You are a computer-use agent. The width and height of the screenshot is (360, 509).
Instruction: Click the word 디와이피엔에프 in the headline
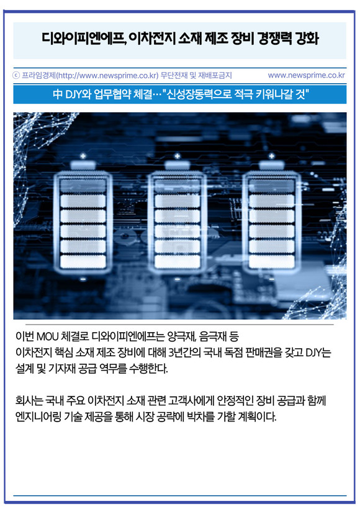pyautogui.click(x=83, y=38)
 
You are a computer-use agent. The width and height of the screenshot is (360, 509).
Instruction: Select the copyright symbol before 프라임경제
pyautogui.click(x=16, y=75)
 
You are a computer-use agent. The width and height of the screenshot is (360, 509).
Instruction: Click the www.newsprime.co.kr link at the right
pyautogui.click(x=307, y=75)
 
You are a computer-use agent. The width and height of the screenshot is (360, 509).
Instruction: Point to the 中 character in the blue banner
pyautogui.click(x=58, y=94)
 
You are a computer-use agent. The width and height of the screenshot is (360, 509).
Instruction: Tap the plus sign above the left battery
pyautogui.click(x=83, y=156)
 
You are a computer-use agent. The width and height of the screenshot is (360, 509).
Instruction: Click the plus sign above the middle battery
pyautogui.click(x=178, y=156)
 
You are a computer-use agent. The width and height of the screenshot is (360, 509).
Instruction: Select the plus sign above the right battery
pyautogui.click(x=272, y=156)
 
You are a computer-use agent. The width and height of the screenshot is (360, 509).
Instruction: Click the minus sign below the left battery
pyautogui.click(x=83, y=279)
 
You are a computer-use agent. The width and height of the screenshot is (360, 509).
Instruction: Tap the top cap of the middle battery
pyautogui.click(x=178, y=165)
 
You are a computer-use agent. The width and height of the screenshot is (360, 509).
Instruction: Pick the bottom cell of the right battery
pyautogui.click(x=272, y=261)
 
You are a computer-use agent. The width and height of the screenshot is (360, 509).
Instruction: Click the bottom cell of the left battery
pyautogui.click(x=83, y=261)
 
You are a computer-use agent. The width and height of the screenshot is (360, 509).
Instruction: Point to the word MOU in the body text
pyautogui.click(x=47, y=336)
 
